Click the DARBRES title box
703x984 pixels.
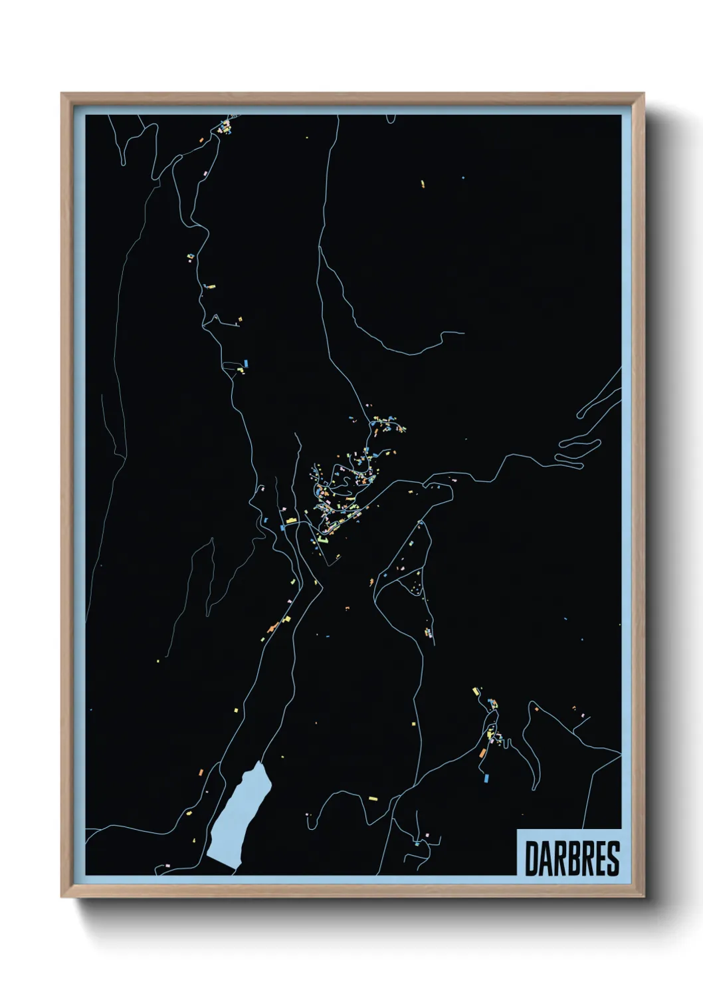coord(569,852)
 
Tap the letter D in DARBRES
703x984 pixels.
coord(532,858)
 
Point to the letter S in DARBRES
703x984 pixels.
coord(613,858)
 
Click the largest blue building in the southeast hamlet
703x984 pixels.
coord(486,777)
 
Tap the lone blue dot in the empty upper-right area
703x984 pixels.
coord(463,178)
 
